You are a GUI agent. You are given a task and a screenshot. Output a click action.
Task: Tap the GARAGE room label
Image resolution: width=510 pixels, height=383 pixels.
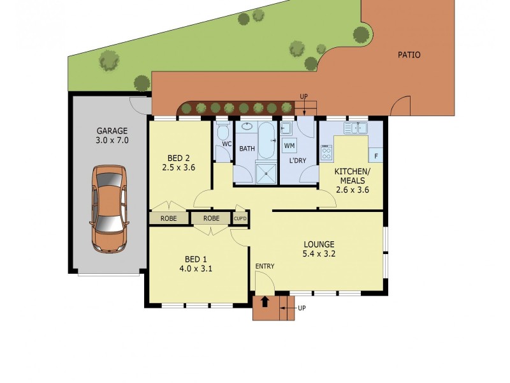[112, 130]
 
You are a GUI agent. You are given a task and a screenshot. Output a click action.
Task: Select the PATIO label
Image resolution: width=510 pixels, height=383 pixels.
[409, 55]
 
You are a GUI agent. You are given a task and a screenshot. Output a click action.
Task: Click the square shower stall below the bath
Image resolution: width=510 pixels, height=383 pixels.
[266, 171]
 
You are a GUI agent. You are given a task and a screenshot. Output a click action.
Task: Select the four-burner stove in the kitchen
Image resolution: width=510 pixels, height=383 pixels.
[326, 153]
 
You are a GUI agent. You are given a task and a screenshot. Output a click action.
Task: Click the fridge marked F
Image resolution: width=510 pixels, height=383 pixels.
[376, 155]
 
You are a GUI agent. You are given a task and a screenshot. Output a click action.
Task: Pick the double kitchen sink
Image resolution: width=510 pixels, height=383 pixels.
[356, 129]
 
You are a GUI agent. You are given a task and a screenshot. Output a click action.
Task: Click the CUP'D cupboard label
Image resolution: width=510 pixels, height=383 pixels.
[240, 218]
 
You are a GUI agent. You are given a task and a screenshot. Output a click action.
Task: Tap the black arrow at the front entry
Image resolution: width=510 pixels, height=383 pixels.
[265, 301]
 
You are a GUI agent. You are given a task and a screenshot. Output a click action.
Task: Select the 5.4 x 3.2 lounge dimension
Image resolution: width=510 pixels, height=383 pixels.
[319, 253]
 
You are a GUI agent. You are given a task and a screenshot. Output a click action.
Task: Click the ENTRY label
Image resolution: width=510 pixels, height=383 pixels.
[265, 266]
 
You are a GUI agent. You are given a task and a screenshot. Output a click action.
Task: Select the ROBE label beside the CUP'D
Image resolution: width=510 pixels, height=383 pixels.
[212, 218]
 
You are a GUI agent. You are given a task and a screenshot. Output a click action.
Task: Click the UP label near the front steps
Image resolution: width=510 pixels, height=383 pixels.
[302, 308]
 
